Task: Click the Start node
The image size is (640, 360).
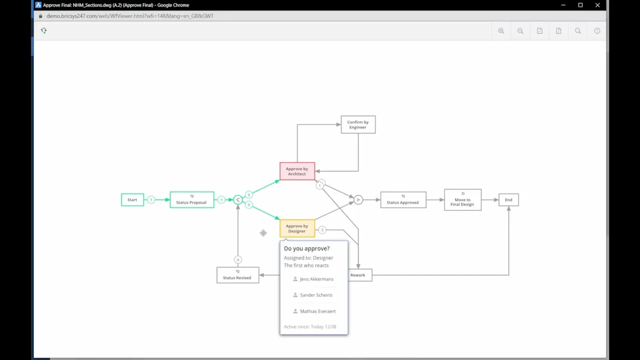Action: tap(132, 200)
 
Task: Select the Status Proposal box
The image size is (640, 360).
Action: tap(192, 200)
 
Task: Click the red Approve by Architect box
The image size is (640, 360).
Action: tap(297, 171)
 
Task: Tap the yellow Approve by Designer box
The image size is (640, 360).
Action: tap(297, 229)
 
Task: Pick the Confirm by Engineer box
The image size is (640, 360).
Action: tap(358, 125)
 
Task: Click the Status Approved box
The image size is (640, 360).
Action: tap(403, 200)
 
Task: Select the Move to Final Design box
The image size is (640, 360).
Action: tap(463, 200)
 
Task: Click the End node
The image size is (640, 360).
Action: tap(509, 200)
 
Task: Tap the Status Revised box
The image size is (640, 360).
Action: tap(237, 275)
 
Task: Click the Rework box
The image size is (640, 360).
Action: tap(359, 275)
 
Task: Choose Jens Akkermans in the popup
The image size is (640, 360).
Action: tap(316, 279)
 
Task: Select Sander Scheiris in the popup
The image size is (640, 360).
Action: tap(316, 295)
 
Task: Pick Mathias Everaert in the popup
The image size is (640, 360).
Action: tap(317, 311)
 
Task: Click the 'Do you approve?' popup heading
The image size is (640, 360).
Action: tap(307, 249)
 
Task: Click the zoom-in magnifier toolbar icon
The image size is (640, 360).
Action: tap(501, 31)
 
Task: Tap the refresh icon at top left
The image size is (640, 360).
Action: tap(44, 31)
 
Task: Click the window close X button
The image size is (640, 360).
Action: tap(597, 5)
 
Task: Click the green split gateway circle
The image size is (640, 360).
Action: tap(238, 200)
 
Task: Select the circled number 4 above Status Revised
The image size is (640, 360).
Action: tap(238, 260)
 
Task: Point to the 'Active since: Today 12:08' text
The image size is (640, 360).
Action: tap(310, 327)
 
